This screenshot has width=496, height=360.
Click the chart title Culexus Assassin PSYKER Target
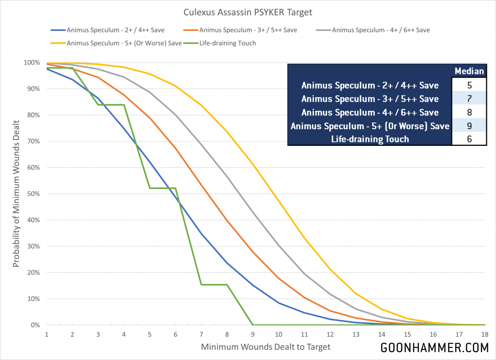pos(248,12)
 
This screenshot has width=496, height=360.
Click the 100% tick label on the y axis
pos(31,63)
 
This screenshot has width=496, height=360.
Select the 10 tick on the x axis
pos(278,335)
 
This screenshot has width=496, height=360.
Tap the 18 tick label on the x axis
pos(485,335)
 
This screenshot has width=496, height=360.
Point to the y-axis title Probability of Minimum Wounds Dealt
pos(16,194)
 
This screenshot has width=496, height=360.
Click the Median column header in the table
pos(469,71)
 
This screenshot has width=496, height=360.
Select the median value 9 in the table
pos(469,125)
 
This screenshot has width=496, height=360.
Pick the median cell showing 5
pos(469,85)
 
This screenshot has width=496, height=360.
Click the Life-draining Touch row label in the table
pos(370,139)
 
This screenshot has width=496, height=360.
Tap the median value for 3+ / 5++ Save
pos(469,99)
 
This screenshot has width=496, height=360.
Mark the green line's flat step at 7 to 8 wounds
pos(214,284)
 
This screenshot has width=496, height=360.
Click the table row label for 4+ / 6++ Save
pos(370,112)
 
